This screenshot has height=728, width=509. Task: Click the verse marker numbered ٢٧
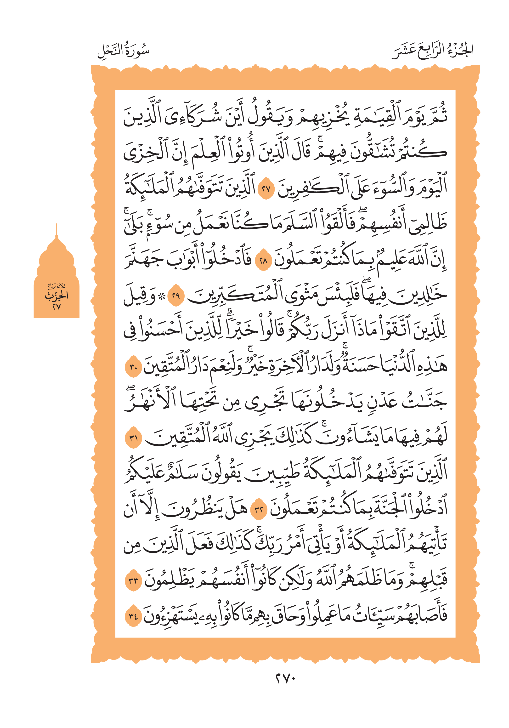tap(266, 189)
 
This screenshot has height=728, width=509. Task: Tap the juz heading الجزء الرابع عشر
tap(433, 51)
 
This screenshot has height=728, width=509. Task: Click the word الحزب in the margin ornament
tap(57, 296)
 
